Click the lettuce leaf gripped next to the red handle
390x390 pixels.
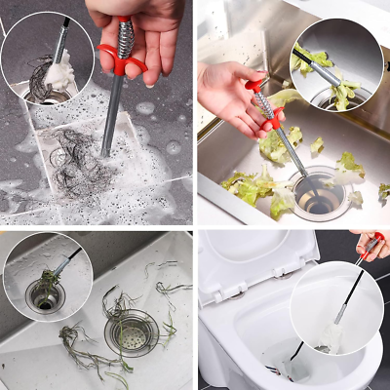tap(283, 97)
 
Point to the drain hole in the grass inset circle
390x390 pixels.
tap(45, 298)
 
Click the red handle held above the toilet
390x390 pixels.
tap(372, 244)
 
